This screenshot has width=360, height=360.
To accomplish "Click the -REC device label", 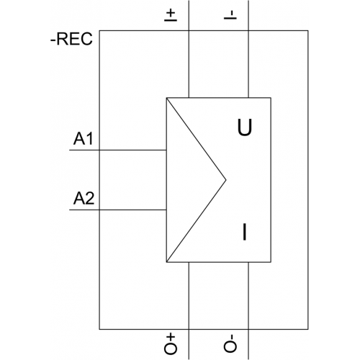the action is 71,39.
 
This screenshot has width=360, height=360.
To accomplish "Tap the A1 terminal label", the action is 83,139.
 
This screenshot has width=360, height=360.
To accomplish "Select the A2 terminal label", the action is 84,199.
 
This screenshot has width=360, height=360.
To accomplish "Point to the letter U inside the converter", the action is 245,127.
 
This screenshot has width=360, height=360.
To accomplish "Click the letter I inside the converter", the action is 244,232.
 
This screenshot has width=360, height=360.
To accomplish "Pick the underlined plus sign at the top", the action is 171,15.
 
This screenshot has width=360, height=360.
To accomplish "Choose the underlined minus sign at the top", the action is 230,15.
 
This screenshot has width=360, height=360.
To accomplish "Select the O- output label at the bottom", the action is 230,343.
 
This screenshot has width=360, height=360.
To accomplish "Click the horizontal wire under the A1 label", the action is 118,150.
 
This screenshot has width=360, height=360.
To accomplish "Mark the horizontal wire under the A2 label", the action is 118,210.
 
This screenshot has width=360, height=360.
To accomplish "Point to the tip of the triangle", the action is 226,179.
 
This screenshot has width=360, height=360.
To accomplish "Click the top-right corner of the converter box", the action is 271,98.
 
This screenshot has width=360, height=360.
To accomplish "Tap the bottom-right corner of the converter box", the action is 271,262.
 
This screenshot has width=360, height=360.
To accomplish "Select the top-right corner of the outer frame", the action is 308,30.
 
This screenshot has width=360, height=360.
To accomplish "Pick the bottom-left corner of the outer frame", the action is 99,329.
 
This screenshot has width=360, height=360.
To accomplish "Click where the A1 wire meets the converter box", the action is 166,150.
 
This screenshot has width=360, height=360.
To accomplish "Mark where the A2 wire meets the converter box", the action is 166,210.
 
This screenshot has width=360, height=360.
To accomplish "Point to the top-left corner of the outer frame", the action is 99,30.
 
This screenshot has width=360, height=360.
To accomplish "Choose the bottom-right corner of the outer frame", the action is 308,329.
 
